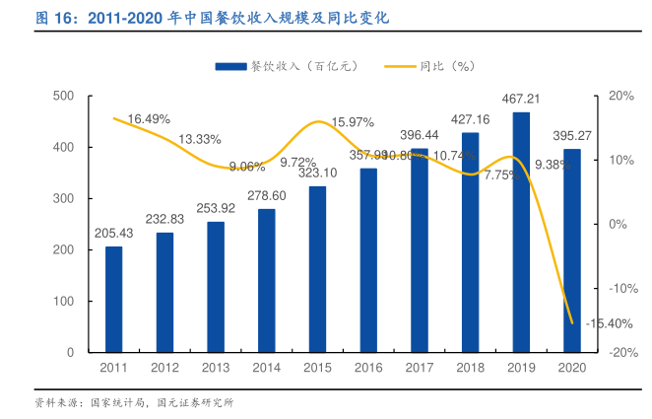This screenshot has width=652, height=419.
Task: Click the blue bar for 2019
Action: (x=521, y=232)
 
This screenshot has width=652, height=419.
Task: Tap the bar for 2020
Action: (x=572, y=250)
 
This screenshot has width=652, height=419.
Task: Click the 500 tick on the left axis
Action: (x=65, y=96)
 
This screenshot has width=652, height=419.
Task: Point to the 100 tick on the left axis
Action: (x=65, y=301)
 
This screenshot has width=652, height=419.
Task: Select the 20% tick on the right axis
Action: (x=620, y=96)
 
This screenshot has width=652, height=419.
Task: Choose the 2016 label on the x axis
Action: (x=368, y=367)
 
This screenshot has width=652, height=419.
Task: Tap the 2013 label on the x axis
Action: (x=216, y=367)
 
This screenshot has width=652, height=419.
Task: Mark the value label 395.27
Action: (x=572, y=135)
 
